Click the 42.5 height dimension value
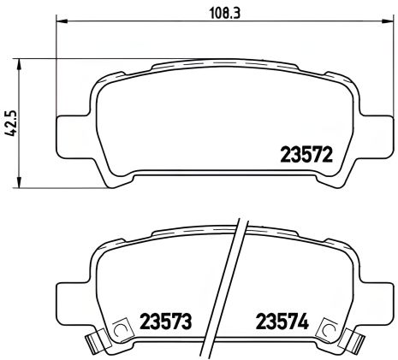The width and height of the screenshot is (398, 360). click(9, 122)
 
